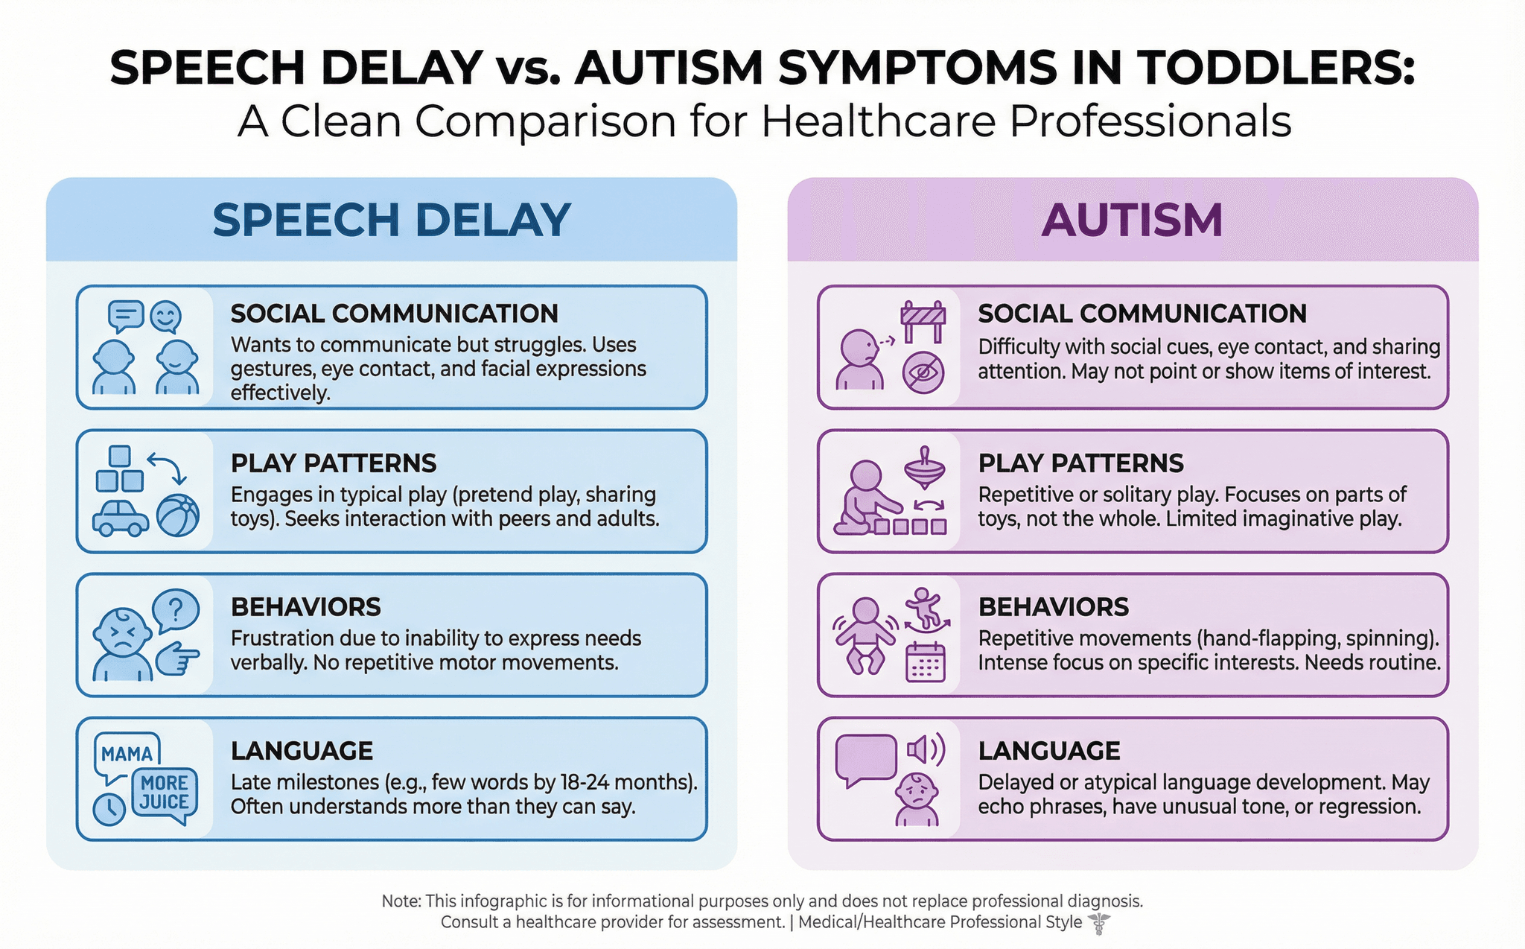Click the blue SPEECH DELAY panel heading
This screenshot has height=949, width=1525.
tap(392, 220)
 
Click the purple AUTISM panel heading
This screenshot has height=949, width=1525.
tap(1132, 220)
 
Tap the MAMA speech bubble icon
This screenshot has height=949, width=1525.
tap(127, 755)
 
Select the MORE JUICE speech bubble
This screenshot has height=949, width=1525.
tap(165, 794)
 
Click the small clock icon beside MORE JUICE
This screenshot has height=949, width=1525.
tap(109, 809)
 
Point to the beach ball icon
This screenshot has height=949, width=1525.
tap(178, 515)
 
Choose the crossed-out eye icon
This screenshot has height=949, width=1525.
tap(923, 372)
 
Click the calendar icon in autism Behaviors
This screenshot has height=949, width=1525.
tap(925, 662)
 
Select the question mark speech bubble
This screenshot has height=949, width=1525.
tap(176, 611)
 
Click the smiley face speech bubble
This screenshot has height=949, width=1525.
tap(165, 317)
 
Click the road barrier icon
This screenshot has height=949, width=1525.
tap(923, 322)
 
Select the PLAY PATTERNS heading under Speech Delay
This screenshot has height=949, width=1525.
tap(334, 463)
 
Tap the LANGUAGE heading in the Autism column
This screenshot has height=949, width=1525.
tap(1049, 751)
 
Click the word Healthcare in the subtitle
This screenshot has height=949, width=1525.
tap(878, 121)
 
